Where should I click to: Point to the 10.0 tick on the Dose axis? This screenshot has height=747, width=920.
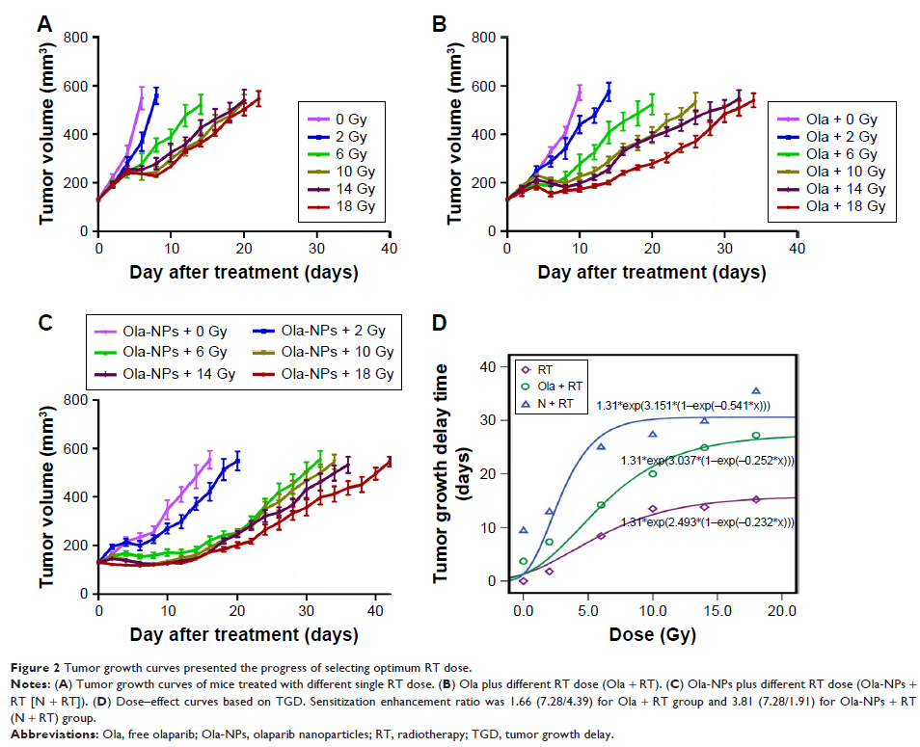pyautogui.click(x=653, y=609)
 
